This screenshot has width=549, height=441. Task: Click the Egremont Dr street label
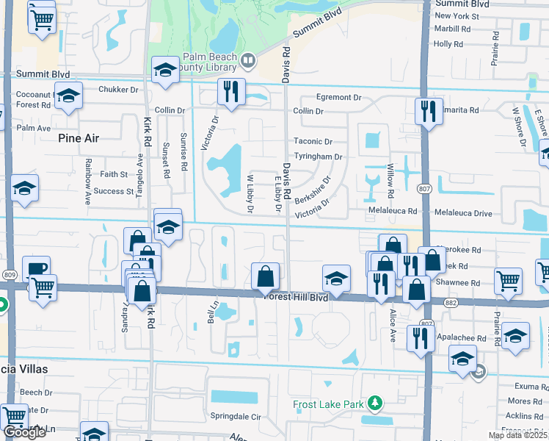click(x=339, y=97)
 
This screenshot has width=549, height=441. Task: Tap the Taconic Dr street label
click(x=313, y=141)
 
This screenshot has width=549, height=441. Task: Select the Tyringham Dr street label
click(x=318, y=157)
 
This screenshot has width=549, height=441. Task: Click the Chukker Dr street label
click(x=117, y=90)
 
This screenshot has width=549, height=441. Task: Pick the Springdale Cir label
click(x=236, y=416)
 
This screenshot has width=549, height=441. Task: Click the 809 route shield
click(x=10, y=275)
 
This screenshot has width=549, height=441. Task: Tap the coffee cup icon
click(x=36, y=268)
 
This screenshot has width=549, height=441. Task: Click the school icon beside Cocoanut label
click(x=68, y=96)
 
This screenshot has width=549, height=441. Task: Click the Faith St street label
click(x=114, y=174)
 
